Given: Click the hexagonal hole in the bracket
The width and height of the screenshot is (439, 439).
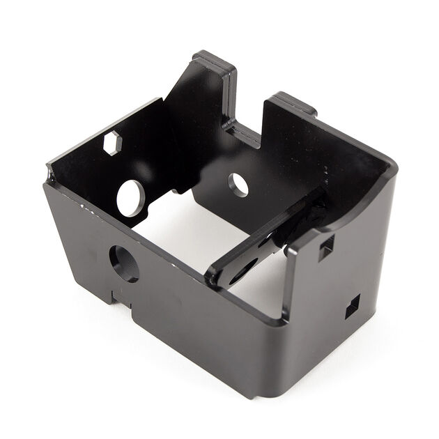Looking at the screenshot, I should click(112, 142).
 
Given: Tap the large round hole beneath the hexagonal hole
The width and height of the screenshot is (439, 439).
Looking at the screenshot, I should click(130, 197).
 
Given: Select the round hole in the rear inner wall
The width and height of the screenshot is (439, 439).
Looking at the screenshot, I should click(238, 184).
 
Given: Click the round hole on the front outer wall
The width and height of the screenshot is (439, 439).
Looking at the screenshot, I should click(123, 263).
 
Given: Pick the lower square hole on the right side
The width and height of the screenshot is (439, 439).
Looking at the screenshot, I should click(352, 305).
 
